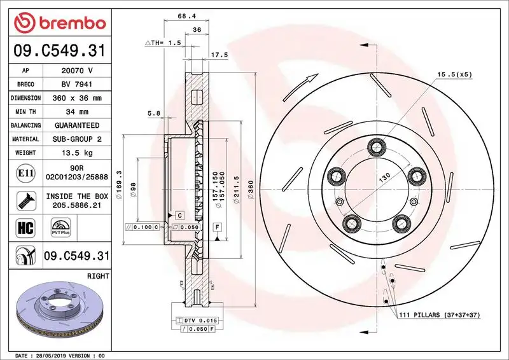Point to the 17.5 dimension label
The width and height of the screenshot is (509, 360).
[x=220, y=55]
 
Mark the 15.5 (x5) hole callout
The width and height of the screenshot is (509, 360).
[x=454, y=75]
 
